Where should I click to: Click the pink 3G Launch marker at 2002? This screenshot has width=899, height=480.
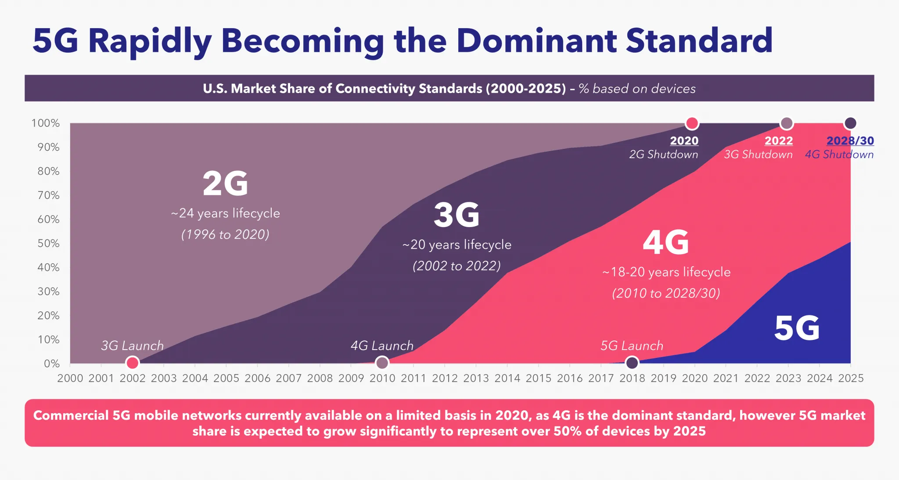[132, 363]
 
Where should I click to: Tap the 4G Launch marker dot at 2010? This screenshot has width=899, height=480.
[382, 363]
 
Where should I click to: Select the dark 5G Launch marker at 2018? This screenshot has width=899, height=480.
[632, 363]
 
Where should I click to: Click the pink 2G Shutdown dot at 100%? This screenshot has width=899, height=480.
[692, 123]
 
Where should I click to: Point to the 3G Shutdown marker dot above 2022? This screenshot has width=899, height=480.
[786, 123]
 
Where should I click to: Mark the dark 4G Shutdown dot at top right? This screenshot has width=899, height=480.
[850, 123]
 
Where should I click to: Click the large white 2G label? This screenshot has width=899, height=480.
[225, 184]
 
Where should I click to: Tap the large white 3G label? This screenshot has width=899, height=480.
[457, 215]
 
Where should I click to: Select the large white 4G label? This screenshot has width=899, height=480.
[665, 242]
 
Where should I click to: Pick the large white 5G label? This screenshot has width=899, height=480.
[797, 328]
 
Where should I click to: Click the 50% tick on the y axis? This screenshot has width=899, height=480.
[48, 243]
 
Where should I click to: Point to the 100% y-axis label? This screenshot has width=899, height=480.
[46, 123]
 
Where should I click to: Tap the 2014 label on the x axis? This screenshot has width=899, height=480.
[507, 378]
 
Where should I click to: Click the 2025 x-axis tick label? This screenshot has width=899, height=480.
[851, 378]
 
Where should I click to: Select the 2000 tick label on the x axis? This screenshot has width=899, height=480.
[70, 378]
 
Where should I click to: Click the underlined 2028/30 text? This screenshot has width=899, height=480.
[850, 141]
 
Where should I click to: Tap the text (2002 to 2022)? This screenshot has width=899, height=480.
[457, 266]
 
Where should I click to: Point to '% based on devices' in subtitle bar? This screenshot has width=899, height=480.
[637, 89]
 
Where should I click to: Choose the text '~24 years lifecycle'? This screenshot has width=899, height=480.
[225, 213]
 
